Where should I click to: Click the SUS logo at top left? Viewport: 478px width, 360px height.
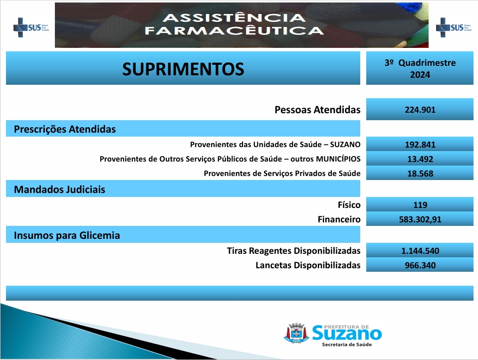click(x=31, y=27)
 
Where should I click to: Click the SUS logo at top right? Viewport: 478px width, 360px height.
click(x=454, y=27)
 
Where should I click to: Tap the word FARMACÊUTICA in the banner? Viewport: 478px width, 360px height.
click(x=234, y=31)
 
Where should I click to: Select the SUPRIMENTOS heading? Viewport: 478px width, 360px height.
click(x=183, y=69)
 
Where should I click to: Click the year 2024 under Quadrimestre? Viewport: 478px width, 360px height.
click(x=420, y=75)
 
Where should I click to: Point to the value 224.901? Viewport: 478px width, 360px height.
click(x=420, y=110)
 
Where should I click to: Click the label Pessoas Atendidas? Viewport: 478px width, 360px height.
click(x=317, y=110)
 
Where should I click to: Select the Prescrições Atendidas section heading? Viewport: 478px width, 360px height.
click(x=65, y=129)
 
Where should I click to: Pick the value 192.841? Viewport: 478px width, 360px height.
click(x=420, y=145)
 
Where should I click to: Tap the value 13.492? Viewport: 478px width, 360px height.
click(x=420, y=159)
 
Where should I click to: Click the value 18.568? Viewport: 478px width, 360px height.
click(x=420, y=174)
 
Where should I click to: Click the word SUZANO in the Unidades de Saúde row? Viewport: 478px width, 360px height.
click(x=345, y=145)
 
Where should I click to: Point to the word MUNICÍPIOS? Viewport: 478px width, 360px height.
click(x=338, y=159)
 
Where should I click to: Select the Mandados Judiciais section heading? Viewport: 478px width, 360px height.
click(x=59, y=189)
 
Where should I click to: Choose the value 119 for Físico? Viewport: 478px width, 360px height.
click(x=420, y=205)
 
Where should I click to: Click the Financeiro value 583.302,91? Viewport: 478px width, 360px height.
click(x=420, y=219)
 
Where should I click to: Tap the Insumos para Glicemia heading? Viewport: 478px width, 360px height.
click(x=67, y=235)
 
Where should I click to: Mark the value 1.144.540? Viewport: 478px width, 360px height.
click(x=420, y=251)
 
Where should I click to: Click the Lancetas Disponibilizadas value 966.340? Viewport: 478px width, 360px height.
click(x=420, y=265)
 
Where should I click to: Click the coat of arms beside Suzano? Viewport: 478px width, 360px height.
click(x=296, y=333)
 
